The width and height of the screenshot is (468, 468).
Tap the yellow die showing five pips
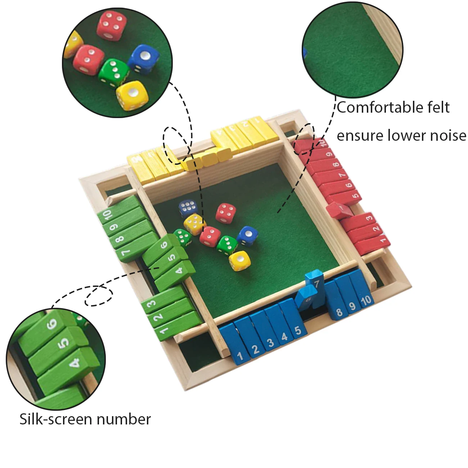point(194,224)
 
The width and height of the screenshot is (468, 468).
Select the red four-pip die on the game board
point(226,213)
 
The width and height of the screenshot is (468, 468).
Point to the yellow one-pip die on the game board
point(239,260)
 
